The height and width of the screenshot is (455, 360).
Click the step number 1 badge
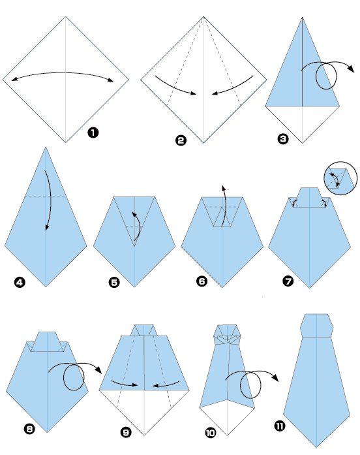[93, 133]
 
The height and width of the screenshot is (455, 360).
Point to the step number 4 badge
[18, 283]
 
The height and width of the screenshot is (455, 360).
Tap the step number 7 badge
[289, 282]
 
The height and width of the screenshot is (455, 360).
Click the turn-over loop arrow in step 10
[251, 385]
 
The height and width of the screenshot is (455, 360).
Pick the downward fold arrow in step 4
[47, 199]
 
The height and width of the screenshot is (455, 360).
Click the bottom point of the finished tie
[317, 445]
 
